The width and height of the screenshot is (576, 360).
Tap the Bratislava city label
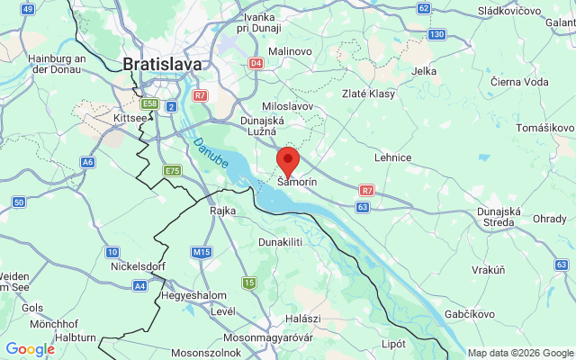162,64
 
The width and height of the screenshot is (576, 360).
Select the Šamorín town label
297,183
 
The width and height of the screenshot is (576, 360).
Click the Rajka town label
222,211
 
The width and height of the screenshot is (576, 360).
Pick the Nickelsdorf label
134,267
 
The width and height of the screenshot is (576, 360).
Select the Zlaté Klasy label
370,94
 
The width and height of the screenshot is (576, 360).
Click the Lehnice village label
393,157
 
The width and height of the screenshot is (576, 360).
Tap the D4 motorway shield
256,63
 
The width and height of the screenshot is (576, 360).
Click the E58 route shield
150,104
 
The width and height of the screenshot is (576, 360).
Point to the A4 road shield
139,285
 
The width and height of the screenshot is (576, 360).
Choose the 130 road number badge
437,34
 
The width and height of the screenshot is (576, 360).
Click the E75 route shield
172,170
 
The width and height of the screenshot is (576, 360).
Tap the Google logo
31,349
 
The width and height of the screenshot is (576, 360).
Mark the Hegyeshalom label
192,295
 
